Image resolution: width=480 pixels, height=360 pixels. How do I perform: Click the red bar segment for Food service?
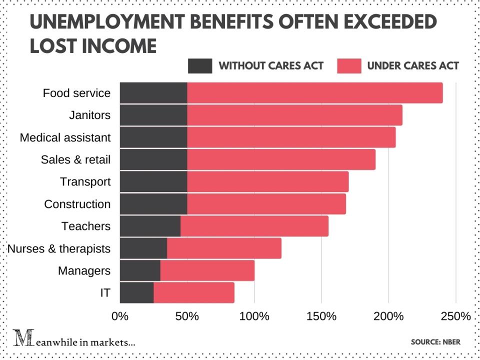point(315,93)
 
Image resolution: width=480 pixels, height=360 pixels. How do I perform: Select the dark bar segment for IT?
point(136,292)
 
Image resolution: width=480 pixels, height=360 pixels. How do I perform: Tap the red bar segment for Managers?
point(207,270)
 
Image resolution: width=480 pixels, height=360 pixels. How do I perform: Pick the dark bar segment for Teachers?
point(150,226)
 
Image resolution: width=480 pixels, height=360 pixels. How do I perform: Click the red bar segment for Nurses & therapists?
point(224,248)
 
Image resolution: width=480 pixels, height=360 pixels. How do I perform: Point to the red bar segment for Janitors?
point(294,115)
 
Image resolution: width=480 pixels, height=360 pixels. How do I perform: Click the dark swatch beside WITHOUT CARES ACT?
point(200,65)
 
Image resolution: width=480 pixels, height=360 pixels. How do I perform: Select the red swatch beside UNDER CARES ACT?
point(349,65)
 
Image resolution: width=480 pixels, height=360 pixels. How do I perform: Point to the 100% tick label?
point(254,316)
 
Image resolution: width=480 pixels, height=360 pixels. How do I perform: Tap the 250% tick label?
point(456,316)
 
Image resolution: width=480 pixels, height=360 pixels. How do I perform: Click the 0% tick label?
point(120,316)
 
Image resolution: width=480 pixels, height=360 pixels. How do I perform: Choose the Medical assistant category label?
point(65,137)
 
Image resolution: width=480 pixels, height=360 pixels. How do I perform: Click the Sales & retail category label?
point(75,160)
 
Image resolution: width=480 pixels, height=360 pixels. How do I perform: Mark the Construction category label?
point(77,204)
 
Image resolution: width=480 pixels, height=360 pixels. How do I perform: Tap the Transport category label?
point(85,182)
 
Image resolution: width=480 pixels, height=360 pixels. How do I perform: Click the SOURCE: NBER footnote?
point(435,342)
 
